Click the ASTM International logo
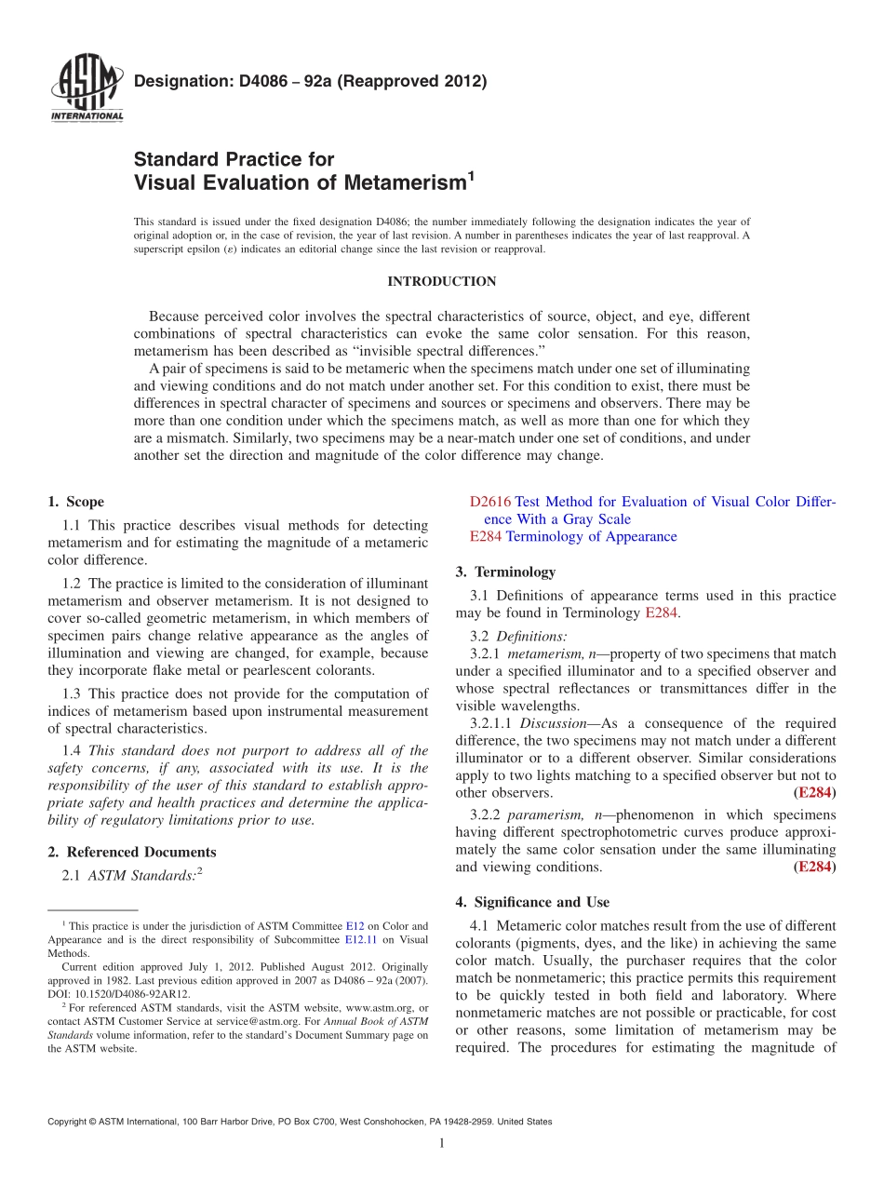87,88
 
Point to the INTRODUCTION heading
442,281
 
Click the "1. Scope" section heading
75,502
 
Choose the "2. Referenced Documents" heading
131,852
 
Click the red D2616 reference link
489,502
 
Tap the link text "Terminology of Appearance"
591,536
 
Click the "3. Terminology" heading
505,572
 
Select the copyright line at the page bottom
300,1122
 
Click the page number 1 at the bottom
442,1144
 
